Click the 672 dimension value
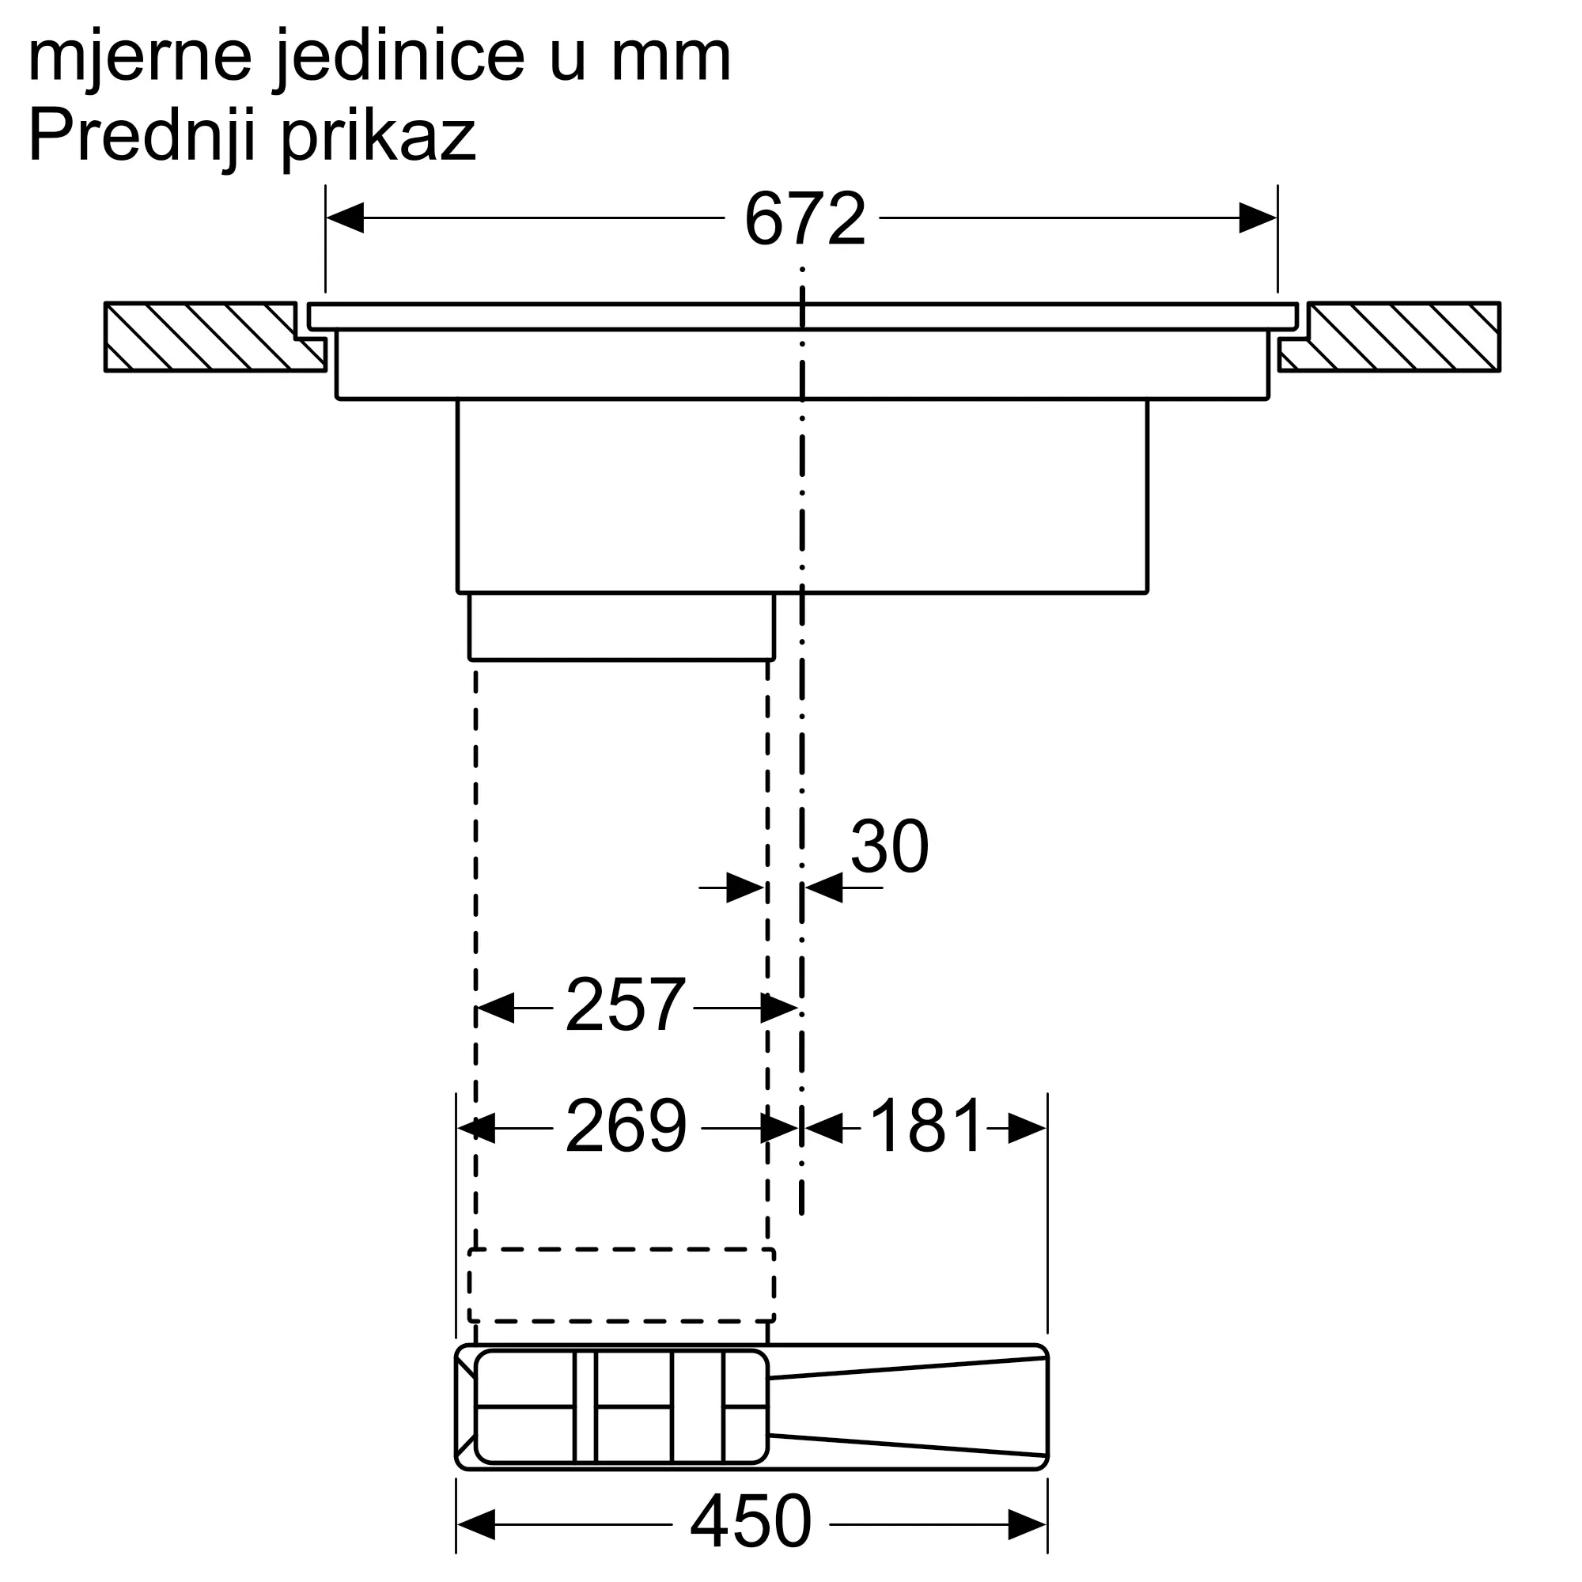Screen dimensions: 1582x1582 804,219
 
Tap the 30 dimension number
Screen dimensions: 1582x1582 889,846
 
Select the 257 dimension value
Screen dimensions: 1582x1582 625,1005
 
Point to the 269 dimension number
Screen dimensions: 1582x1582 626,1126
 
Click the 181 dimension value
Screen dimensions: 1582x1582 925,1126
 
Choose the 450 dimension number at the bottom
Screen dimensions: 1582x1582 751,1521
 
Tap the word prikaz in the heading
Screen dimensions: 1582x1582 378,138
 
